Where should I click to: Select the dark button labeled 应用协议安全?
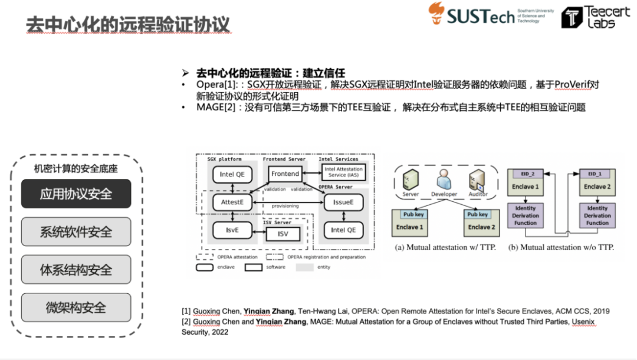coord(76,194)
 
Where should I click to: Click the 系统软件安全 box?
coord(76,232)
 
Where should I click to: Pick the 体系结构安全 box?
coord(76,270)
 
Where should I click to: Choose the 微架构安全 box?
coord(76,307)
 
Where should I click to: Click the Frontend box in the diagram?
coord(285,174)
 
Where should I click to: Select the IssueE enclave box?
coord(343,202)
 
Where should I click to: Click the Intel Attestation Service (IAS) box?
coord(343,172)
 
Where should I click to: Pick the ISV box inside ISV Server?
coord(283,234)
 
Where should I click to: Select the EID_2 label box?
coord(527,174)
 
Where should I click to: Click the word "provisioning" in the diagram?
coord(285,206)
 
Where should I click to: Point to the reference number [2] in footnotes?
coord(186,322)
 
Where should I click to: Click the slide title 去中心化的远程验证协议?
coord(127,24)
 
